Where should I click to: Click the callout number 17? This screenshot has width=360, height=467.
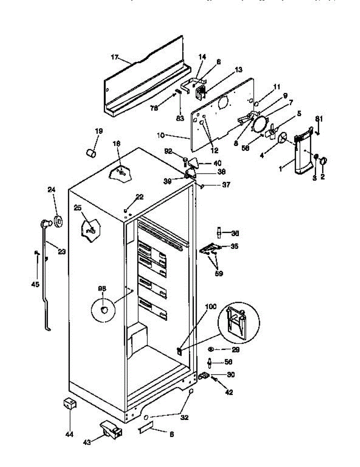click(114, 57)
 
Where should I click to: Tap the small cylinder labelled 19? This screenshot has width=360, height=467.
click(91, 153)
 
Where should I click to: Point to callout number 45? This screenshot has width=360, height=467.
click(35, 284)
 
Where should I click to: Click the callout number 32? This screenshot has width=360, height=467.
click(184, 418)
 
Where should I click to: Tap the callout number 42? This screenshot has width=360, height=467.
click(229, 393)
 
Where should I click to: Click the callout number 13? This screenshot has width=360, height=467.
click(238, 70)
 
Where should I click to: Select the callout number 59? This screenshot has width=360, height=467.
click(219, 274)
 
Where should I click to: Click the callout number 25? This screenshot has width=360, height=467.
click(78, 208)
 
